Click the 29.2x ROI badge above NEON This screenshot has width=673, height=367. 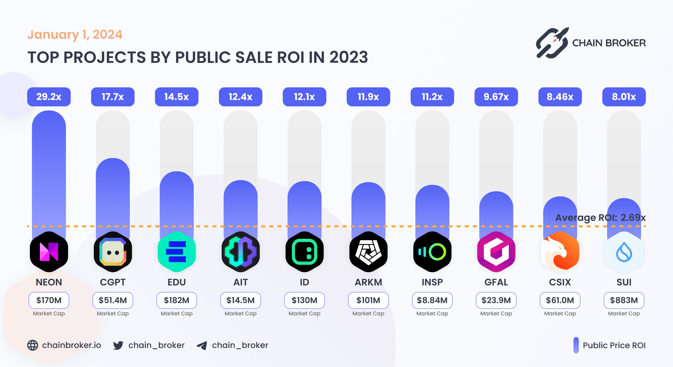[x=49, y=97]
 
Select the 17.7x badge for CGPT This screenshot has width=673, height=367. [x=113, y=97]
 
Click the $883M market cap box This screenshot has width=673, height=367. [x=624, y=300]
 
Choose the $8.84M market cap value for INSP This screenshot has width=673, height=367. [x=432, y=300]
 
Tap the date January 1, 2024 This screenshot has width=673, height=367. [x=75, y=34]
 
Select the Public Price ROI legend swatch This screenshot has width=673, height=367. [x=576, y=345]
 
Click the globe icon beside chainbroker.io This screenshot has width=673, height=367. [x=33, y=345]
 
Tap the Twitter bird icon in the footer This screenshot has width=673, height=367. [x=118, y=345]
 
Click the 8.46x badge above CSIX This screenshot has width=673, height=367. [x=560, y=97]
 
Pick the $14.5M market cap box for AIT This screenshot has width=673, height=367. [x=240, y=300]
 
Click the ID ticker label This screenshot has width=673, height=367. [x=304, y=282]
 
